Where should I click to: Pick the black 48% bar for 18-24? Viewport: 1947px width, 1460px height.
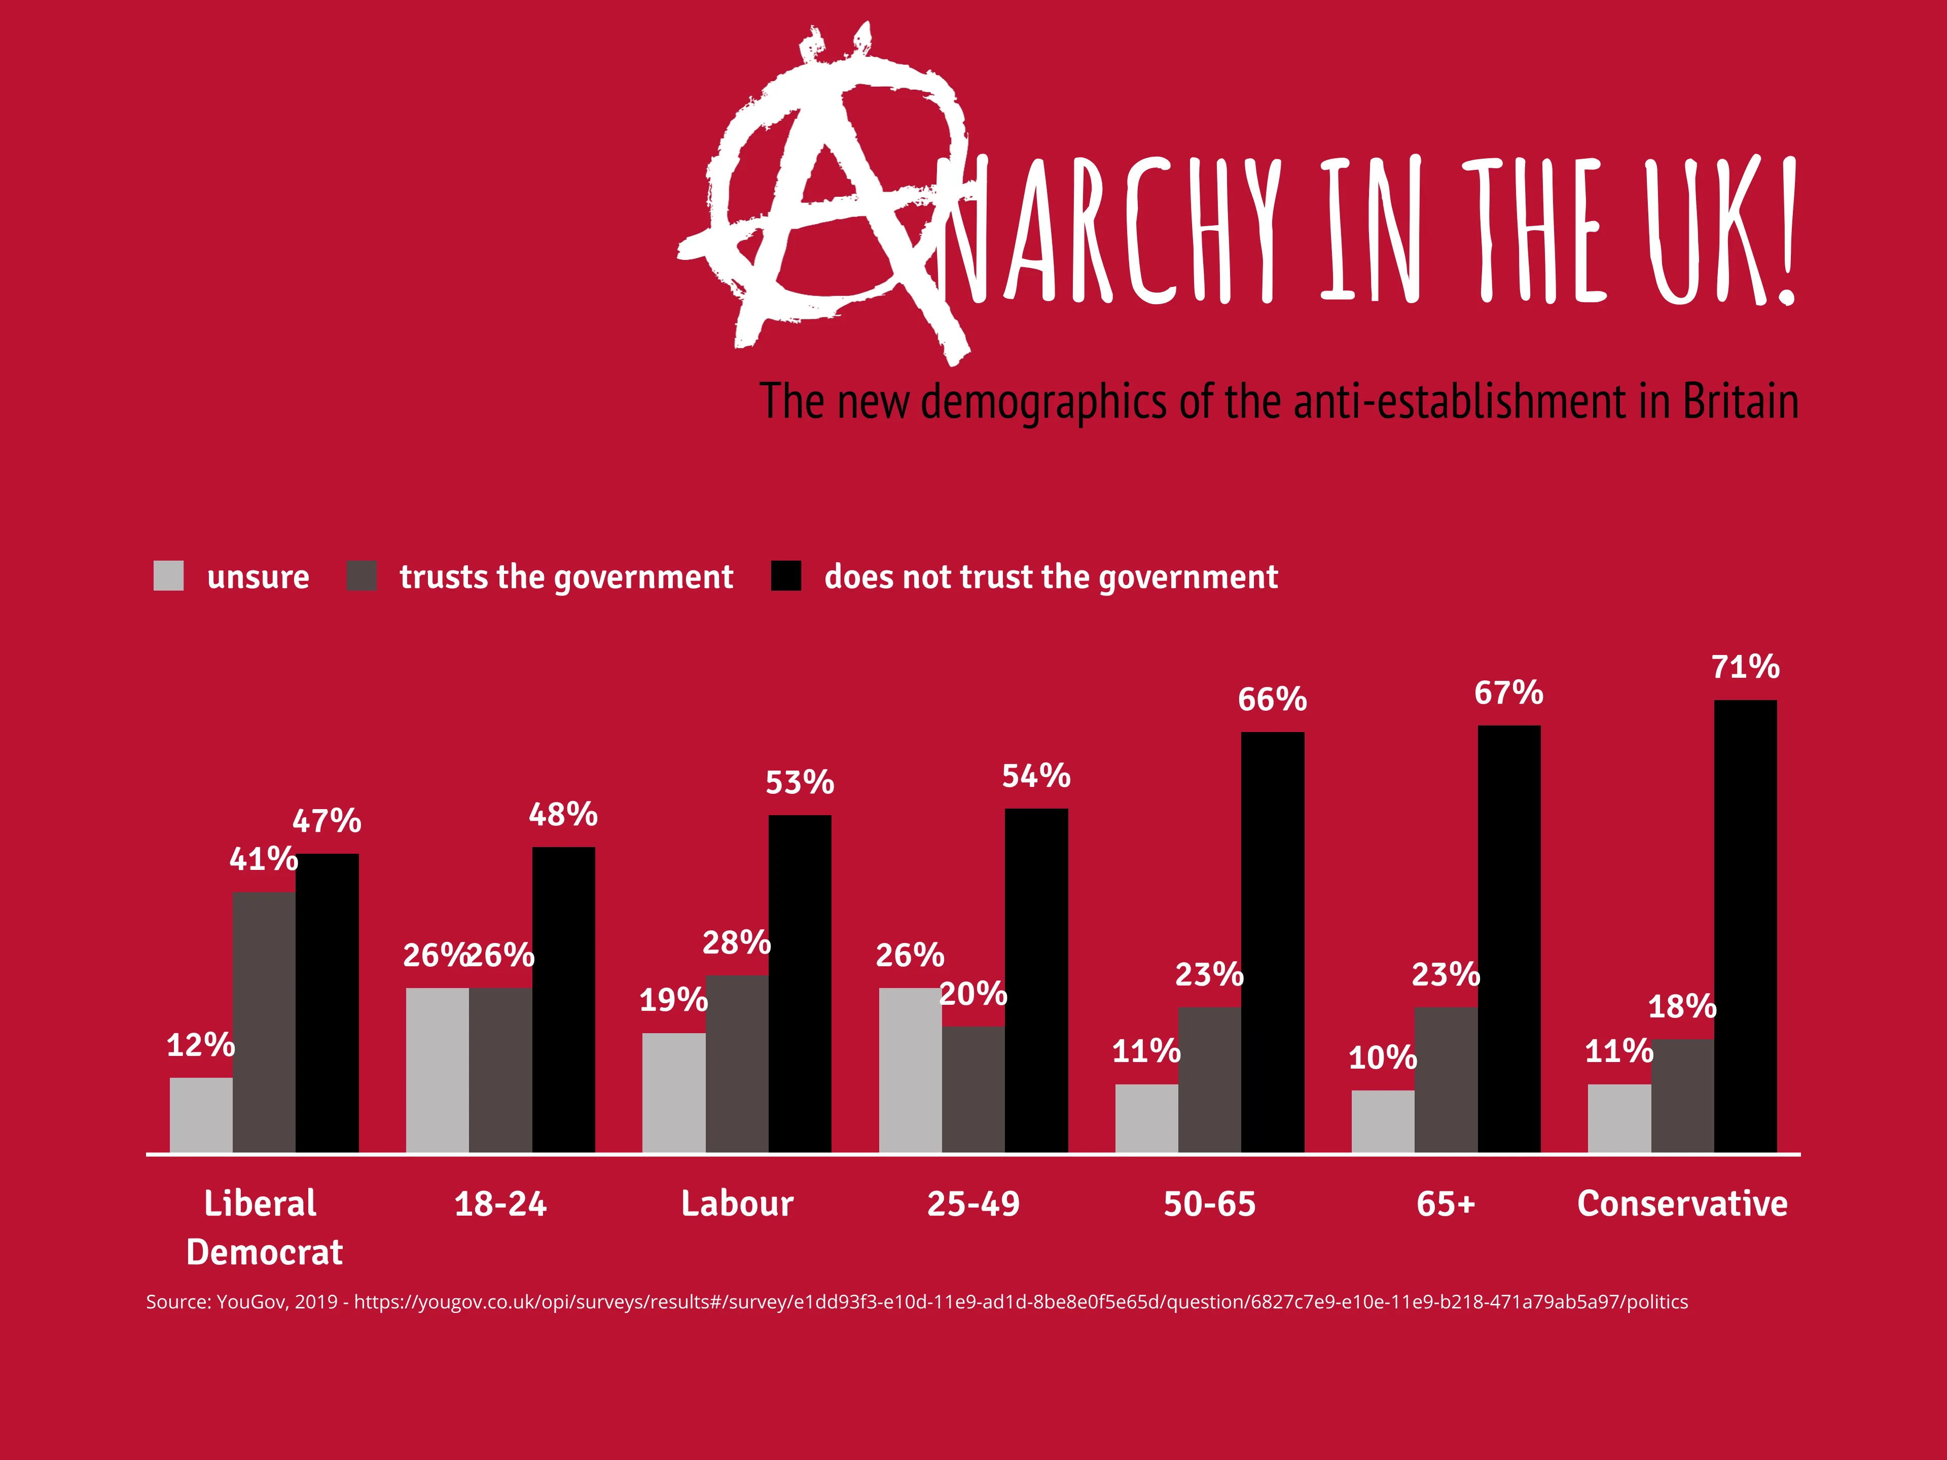tap(563, 999)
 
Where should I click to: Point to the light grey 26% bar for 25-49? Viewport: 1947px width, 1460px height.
tap(910, 1069)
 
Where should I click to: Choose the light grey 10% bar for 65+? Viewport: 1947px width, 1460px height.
tap(1383, 1121)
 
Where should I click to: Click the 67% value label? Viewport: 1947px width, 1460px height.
tap(1508, 692)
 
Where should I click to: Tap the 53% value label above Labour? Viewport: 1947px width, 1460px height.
tap(799, 782)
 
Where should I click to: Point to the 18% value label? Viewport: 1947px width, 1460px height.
tap(1682, 1006)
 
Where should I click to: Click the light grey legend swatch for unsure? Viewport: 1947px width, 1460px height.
tap(168, 575)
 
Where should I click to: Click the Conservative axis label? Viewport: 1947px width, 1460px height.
tap(1682, 1203)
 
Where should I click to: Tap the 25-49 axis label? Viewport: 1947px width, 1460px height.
tap(974, 1203)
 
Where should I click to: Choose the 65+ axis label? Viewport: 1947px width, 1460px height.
tap(1445, 1203)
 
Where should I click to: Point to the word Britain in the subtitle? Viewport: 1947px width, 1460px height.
tap(1740, 401)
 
